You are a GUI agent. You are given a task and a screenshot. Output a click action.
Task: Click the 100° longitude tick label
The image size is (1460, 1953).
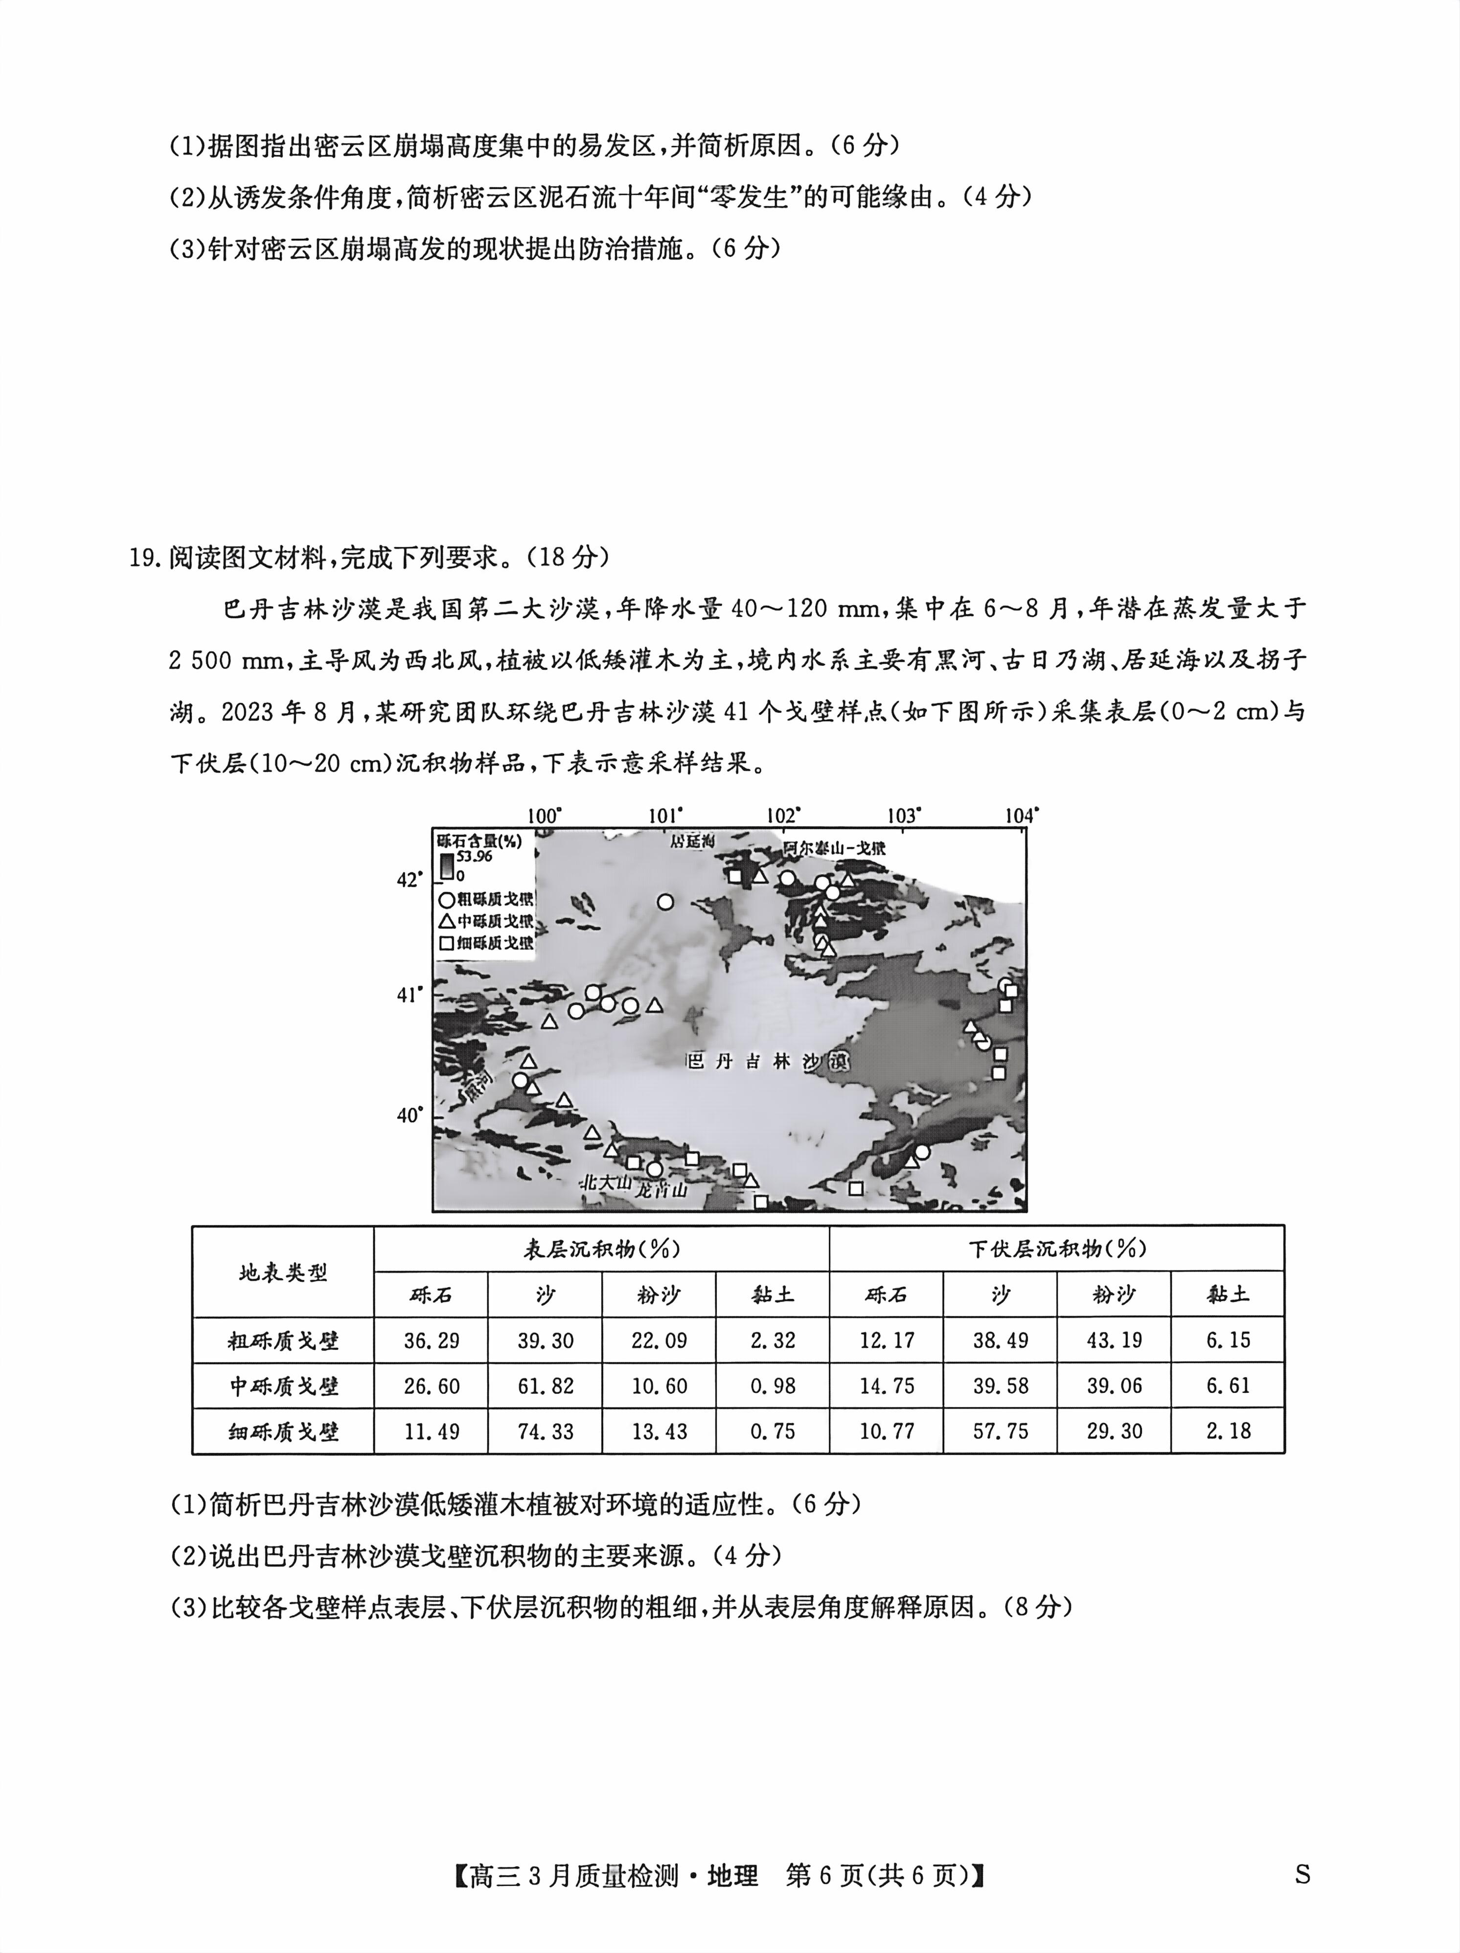coord(544,816)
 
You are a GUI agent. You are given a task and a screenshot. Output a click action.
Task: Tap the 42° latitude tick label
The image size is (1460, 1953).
coord(409,880)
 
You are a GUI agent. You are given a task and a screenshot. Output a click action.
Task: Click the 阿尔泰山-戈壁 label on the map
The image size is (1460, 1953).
coord(834,848)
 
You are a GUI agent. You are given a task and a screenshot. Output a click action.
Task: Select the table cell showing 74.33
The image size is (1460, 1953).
coord(545,1431)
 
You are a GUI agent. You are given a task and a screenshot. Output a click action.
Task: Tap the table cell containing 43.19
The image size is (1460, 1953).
coord(1114,1340)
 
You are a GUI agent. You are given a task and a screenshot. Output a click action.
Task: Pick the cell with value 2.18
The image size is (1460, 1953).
coord(1228,1431)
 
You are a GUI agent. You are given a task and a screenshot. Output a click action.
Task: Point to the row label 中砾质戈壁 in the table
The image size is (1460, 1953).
coord(283,1386)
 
